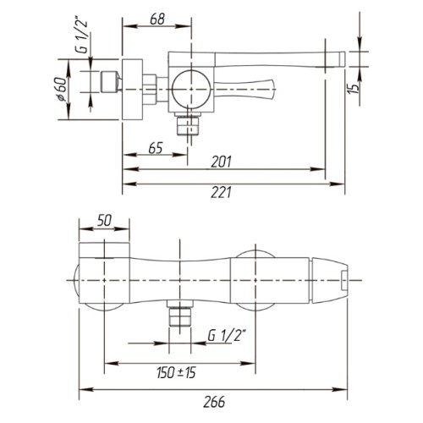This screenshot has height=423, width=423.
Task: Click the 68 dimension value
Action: pyautogui.click(x=157, y=19)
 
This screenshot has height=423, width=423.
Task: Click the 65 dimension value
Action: pyautogui.click(x=156, y=148)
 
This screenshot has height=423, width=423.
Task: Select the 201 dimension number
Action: pyautogui.click(x=222, y=162)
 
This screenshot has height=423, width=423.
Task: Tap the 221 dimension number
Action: pyautogui.click(x=222, y=192)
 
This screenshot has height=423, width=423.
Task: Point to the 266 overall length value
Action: pyautogui.click(x=214, y=402)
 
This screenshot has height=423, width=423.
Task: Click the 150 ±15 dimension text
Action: pyautogui.click(x=176, y=372)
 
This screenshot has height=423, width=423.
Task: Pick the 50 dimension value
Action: pyautogui.click(x=104, y=221)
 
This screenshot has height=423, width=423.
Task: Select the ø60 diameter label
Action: pyautogui.click(x=62, y=89)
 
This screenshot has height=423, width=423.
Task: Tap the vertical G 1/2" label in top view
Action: pyautogui.click(x=82, y=36)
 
